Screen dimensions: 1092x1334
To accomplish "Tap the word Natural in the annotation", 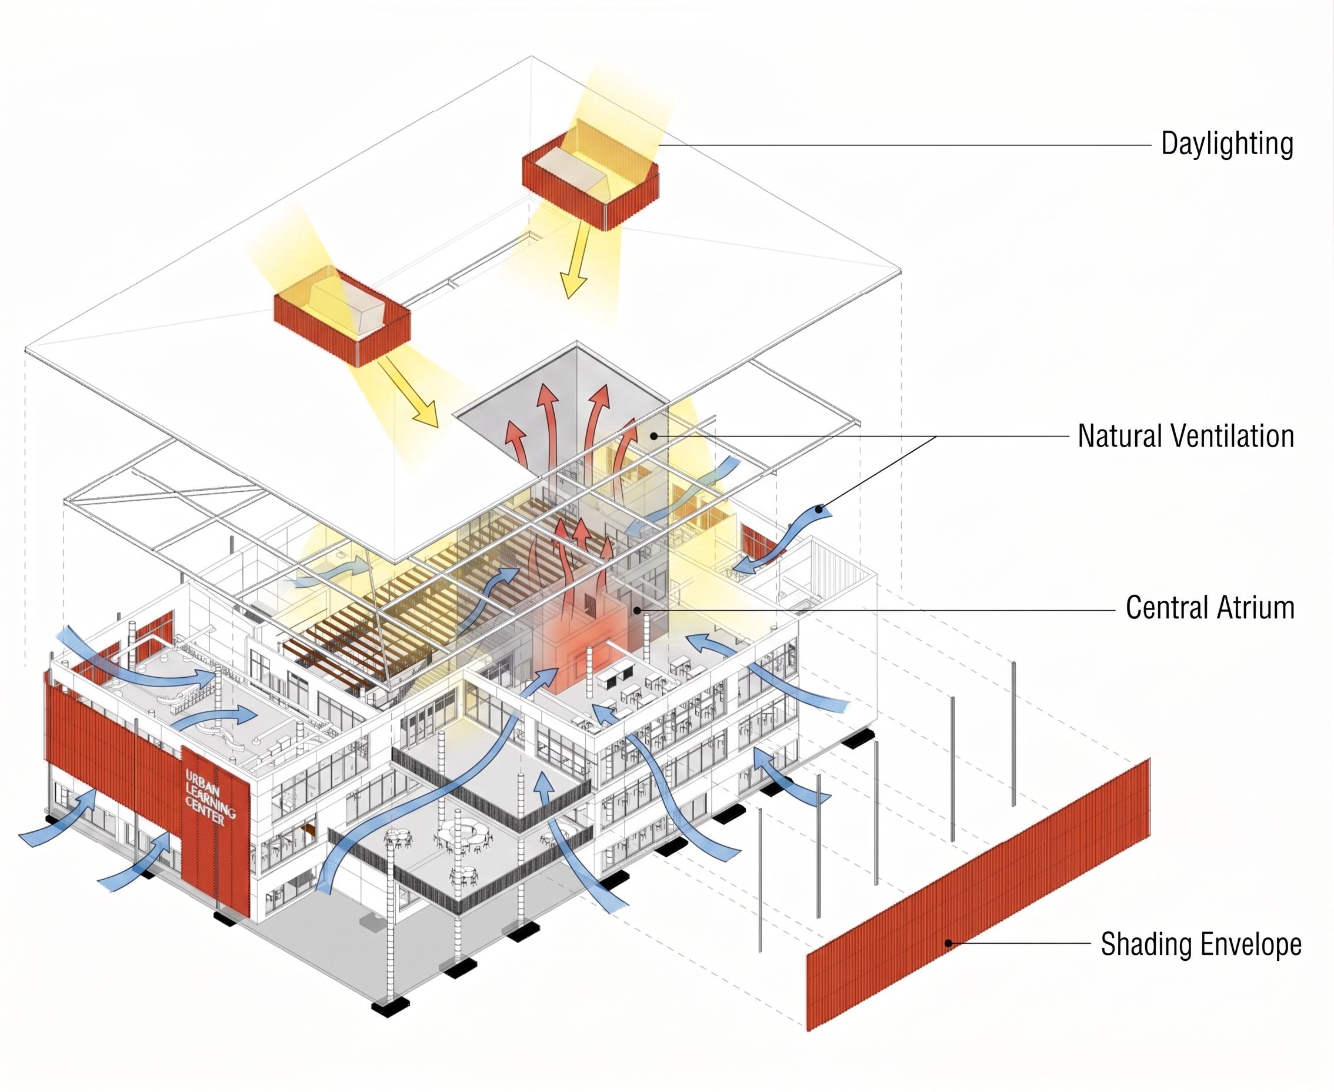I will click(1119, 437).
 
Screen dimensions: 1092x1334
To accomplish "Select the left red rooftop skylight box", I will click(342, 318).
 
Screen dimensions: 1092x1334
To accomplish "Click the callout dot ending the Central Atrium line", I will click(637, 610).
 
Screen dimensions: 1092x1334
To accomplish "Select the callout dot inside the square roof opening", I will click(654, 435).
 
